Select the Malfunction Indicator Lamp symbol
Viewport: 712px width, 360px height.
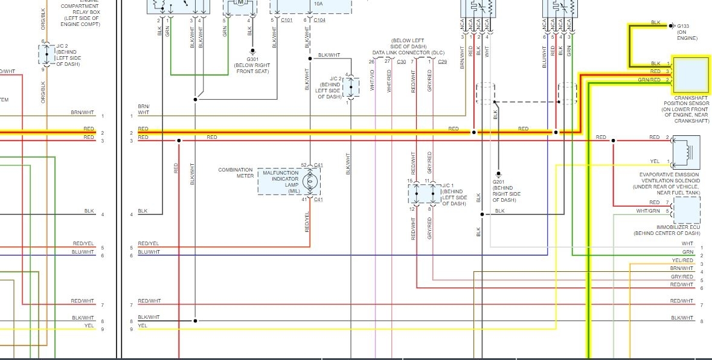pyautogui.click(x=310, y=181)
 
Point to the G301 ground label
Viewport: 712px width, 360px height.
pyautogui.click(x=252, y=59)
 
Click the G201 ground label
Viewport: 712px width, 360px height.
pyautogui.click(x=499, y=182)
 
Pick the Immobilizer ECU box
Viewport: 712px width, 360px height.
pyautogui.click(x=687, y=211)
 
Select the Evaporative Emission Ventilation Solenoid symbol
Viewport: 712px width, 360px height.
pyautogui.click(x=687, y=152)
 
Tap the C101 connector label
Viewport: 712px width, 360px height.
pyautogui.click(x=287, y=20)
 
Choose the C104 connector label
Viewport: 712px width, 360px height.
pyautogui.click(x=319, y=20)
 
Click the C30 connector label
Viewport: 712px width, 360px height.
pyautogui.click(x=402, y=62)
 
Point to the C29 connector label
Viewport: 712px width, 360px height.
pyautogui.click(x=442, y=62)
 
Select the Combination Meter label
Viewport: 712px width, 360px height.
pyautogui.click(x=236, y=173)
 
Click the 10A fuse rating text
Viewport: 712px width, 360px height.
pyautogui.click(x=318, y=4)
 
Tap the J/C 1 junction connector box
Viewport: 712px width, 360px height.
pyautogui.click(x=422, y=194)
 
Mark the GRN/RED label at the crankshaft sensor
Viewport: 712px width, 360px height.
pyautogui.click(x=649, y=80)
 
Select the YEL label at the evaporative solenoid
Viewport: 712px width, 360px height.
pyautogui.click(x=655, y=161)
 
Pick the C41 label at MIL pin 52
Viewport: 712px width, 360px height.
pyautogui.click(x=319, y=164)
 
